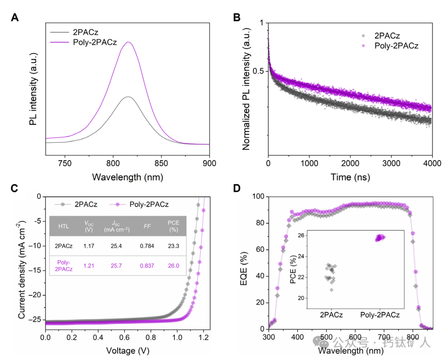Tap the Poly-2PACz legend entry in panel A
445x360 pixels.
coord(95,43)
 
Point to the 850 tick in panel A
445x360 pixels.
coord(161,163)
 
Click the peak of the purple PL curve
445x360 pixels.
coord(129,43)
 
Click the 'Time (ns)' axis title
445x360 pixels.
coord(350,177)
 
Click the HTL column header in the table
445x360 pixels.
coord(63,226)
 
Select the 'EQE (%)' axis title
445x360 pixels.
coord(245,263)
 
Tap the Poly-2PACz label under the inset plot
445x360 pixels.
coord(379,314)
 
